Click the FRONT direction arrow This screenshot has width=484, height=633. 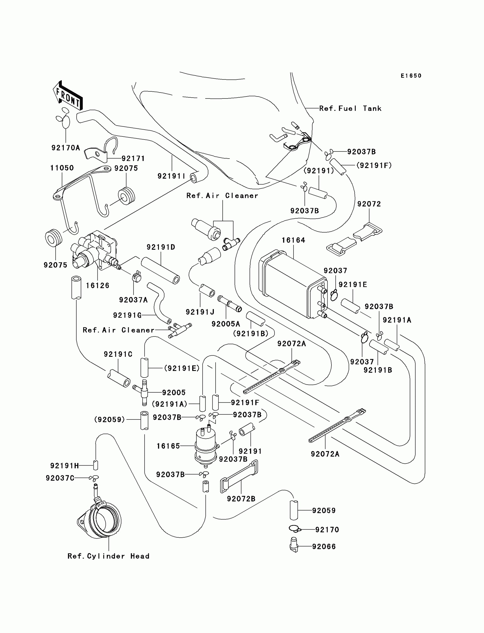pos(68,95)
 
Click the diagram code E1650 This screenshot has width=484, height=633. pos(411,76)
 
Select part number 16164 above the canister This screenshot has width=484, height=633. pos(293,240)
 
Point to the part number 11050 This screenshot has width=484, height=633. pos(62,168)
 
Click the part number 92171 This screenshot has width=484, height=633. pos(133,159)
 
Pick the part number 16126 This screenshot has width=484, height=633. pos(98,286)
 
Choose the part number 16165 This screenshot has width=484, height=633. pos(168,446)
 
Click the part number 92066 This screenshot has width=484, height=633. pos(324,546)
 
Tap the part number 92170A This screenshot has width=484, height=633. pos(66,148)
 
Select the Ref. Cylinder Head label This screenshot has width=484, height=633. pos(108,556)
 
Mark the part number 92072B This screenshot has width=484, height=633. pos(241,499)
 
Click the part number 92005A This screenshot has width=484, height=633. pos(226,324)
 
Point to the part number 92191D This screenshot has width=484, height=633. pos(161,247)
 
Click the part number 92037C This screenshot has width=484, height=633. pos(60,478)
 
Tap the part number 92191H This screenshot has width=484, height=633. pos(65,466)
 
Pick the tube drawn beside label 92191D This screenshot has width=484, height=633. pos(161,271)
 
